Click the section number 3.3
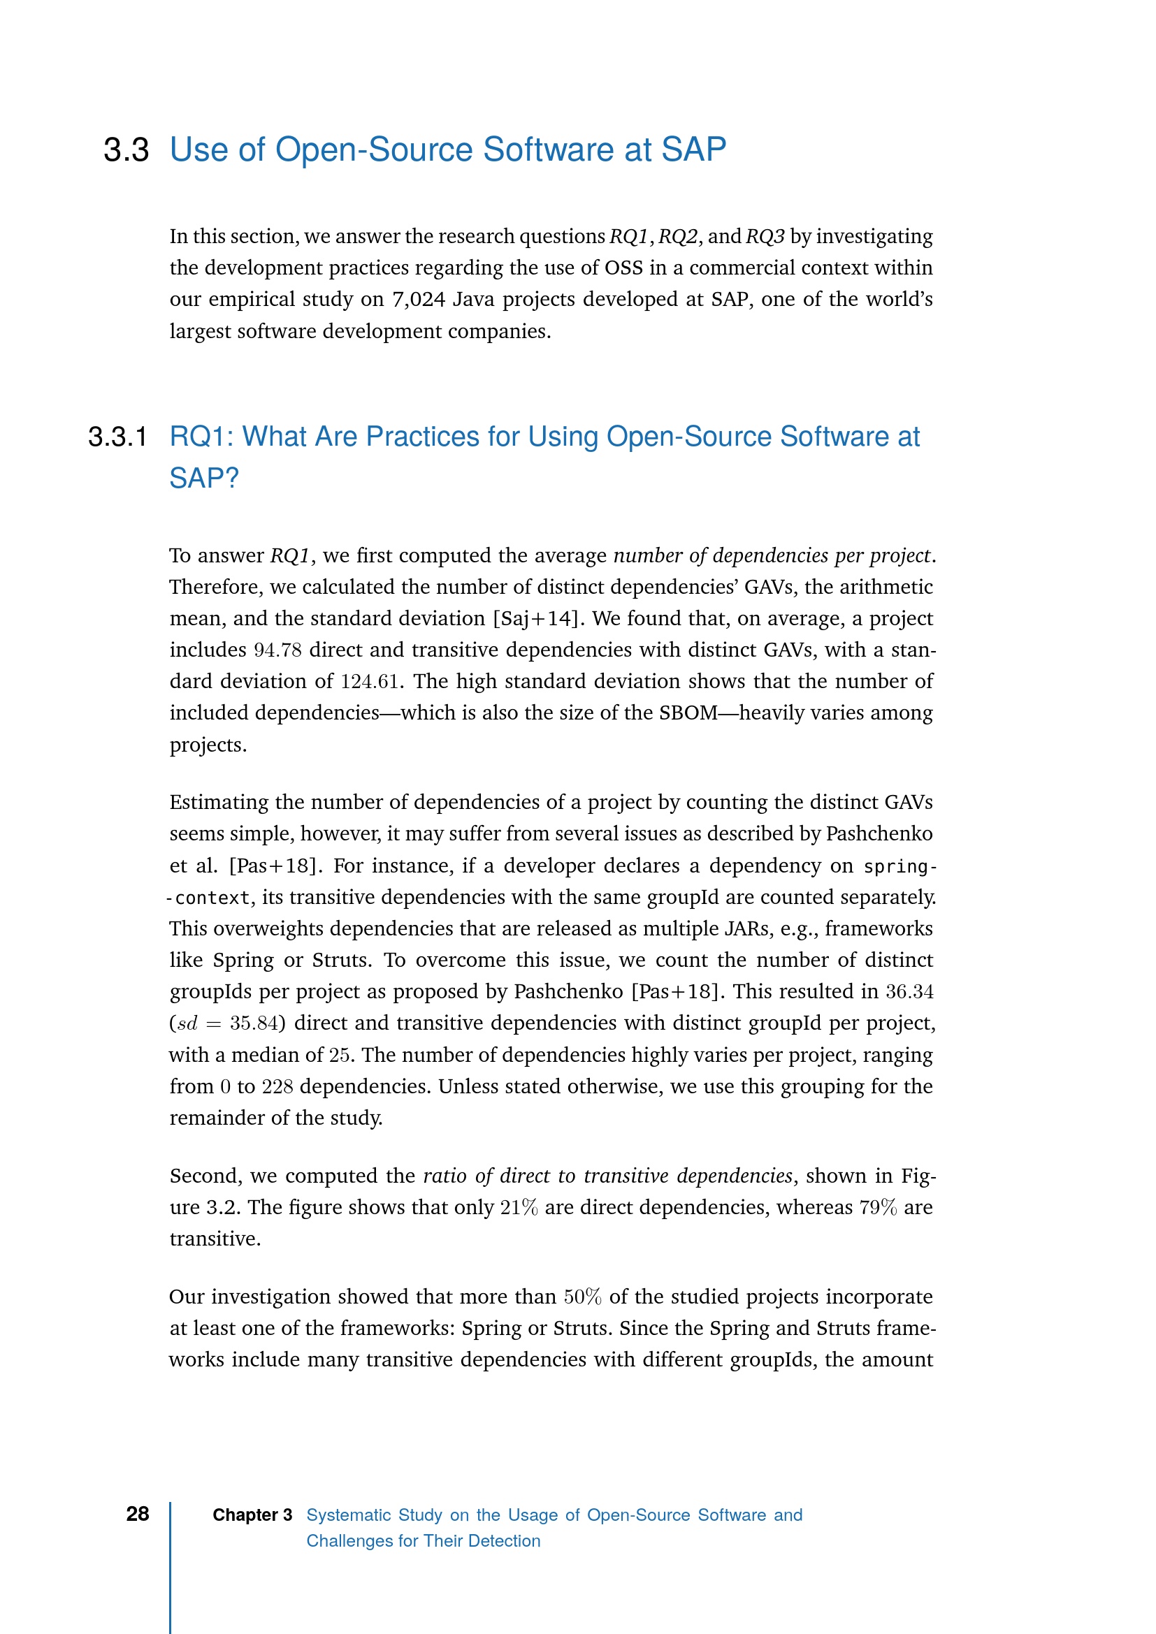tap(126, 150)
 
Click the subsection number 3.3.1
tap(117, 437)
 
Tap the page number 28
tap(138, 1514)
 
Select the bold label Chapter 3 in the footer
tap(252, 1515)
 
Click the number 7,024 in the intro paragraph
tap(419, 300)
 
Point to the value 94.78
tap(277, 650)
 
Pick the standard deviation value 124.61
tap(370, 682)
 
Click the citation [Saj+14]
tap(536, 618)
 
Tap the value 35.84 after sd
tap(254, 1023)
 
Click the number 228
tap(277, 1087)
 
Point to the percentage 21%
tap(519, 1208)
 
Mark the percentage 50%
tap(582, 1297)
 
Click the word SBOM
tap(688, 713)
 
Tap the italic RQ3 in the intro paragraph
tap(765, 236)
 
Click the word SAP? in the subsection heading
tap(203, 479)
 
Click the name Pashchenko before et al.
tap(879, 834)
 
